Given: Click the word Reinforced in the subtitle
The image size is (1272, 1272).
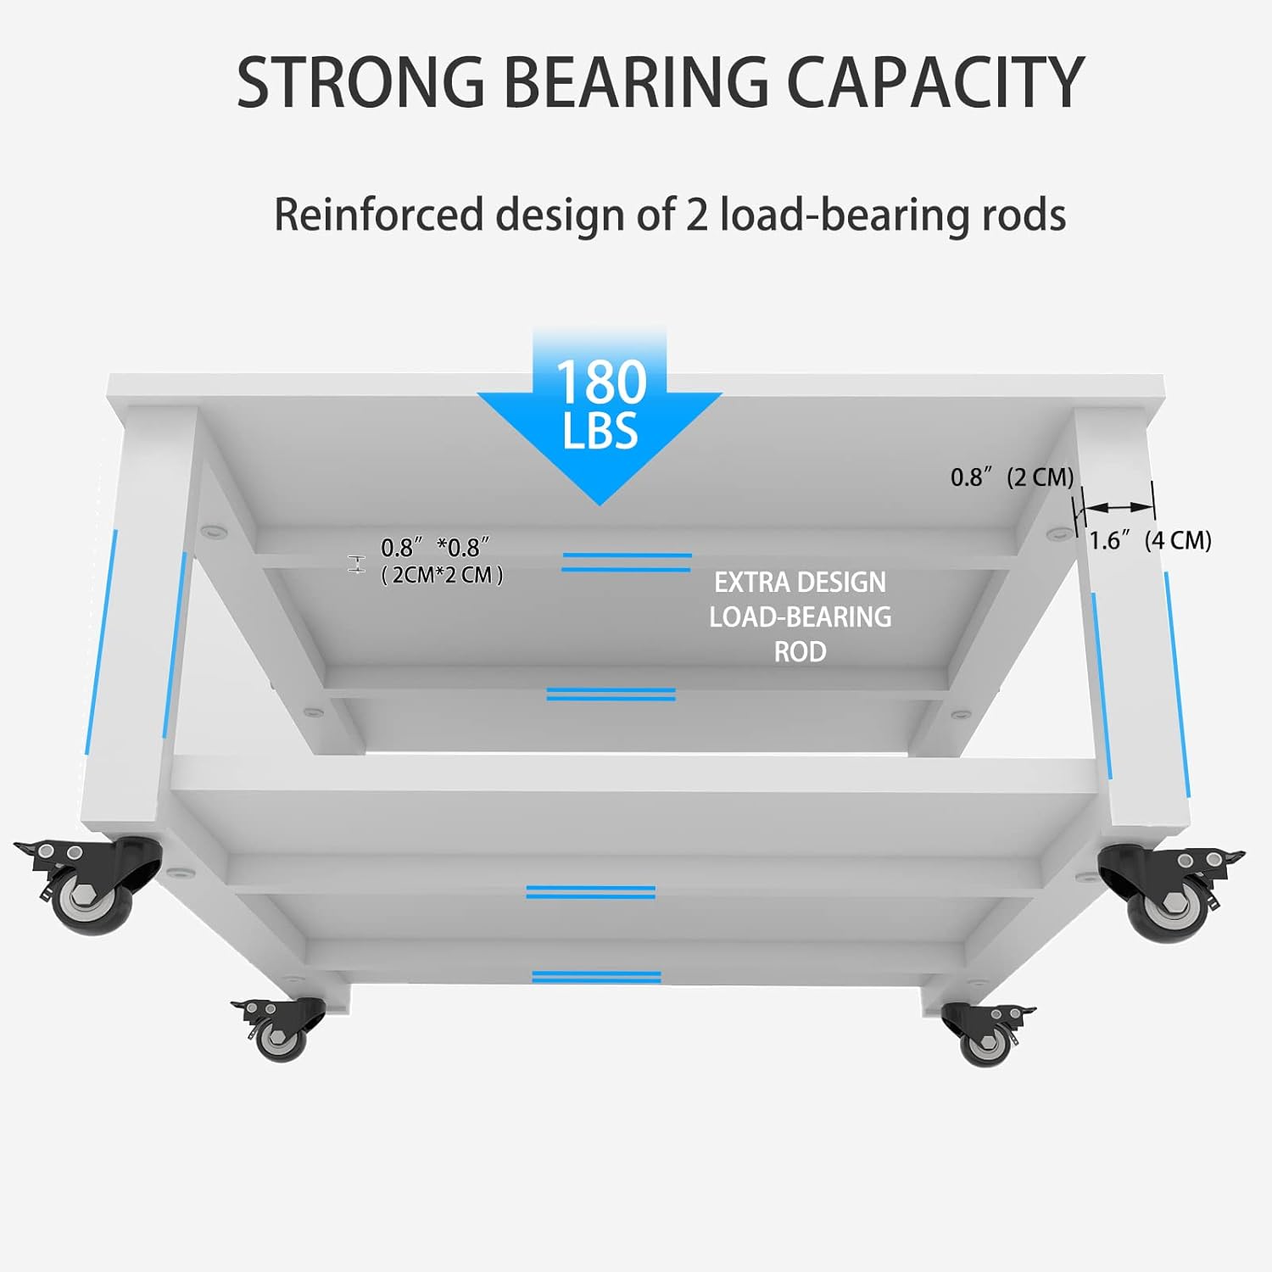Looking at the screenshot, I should coord(378,215).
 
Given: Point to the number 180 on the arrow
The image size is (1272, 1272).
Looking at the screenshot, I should coord(601,382).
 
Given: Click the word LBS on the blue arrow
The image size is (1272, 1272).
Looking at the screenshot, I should coord(600,431).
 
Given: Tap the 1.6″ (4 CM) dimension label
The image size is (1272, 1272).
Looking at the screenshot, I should coord(1150,541).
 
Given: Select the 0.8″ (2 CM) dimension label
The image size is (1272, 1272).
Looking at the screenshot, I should coord(1012,477).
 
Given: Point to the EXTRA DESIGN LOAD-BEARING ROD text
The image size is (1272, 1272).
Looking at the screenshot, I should coord(800,616).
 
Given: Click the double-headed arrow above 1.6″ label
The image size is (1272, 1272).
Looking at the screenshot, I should coord(1119,507).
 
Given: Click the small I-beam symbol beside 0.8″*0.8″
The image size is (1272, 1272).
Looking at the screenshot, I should coord(356,564).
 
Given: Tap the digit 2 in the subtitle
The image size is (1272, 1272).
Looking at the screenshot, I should coord(696,215).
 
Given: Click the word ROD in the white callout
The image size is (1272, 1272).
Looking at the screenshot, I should coord(800,651).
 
